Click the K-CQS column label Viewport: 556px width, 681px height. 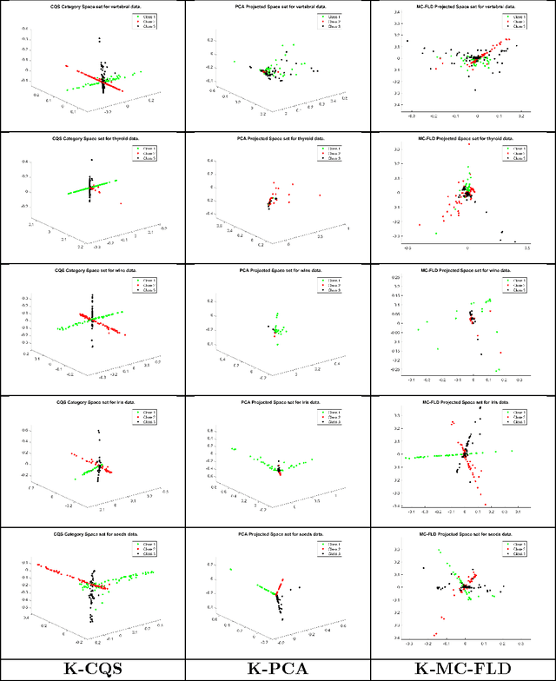93,670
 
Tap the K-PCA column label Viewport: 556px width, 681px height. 278,670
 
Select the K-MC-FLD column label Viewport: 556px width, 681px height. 462,670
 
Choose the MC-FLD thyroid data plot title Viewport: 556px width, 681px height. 462,138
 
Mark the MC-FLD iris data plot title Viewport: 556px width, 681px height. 462,403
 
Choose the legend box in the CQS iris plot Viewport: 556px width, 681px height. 145,418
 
